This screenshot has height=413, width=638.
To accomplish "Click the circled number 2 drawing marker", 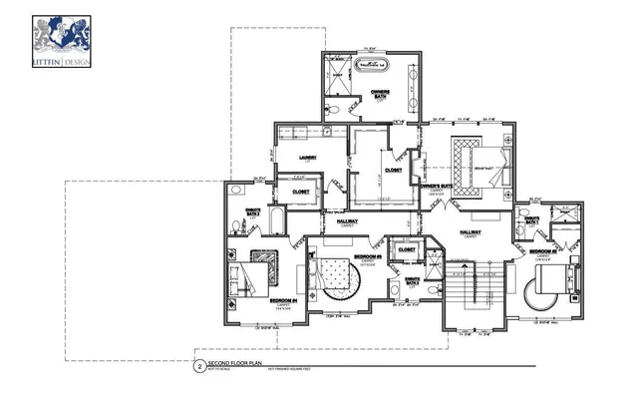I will point(199,366).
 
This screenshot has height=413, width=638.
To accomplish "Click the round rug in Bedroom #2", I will point(542,292).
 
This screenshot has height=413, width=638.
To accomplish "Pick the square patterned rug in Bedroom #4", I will point(267,256).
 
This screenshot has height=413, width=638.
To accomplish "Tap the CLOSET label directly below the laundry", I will point(300,191).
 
